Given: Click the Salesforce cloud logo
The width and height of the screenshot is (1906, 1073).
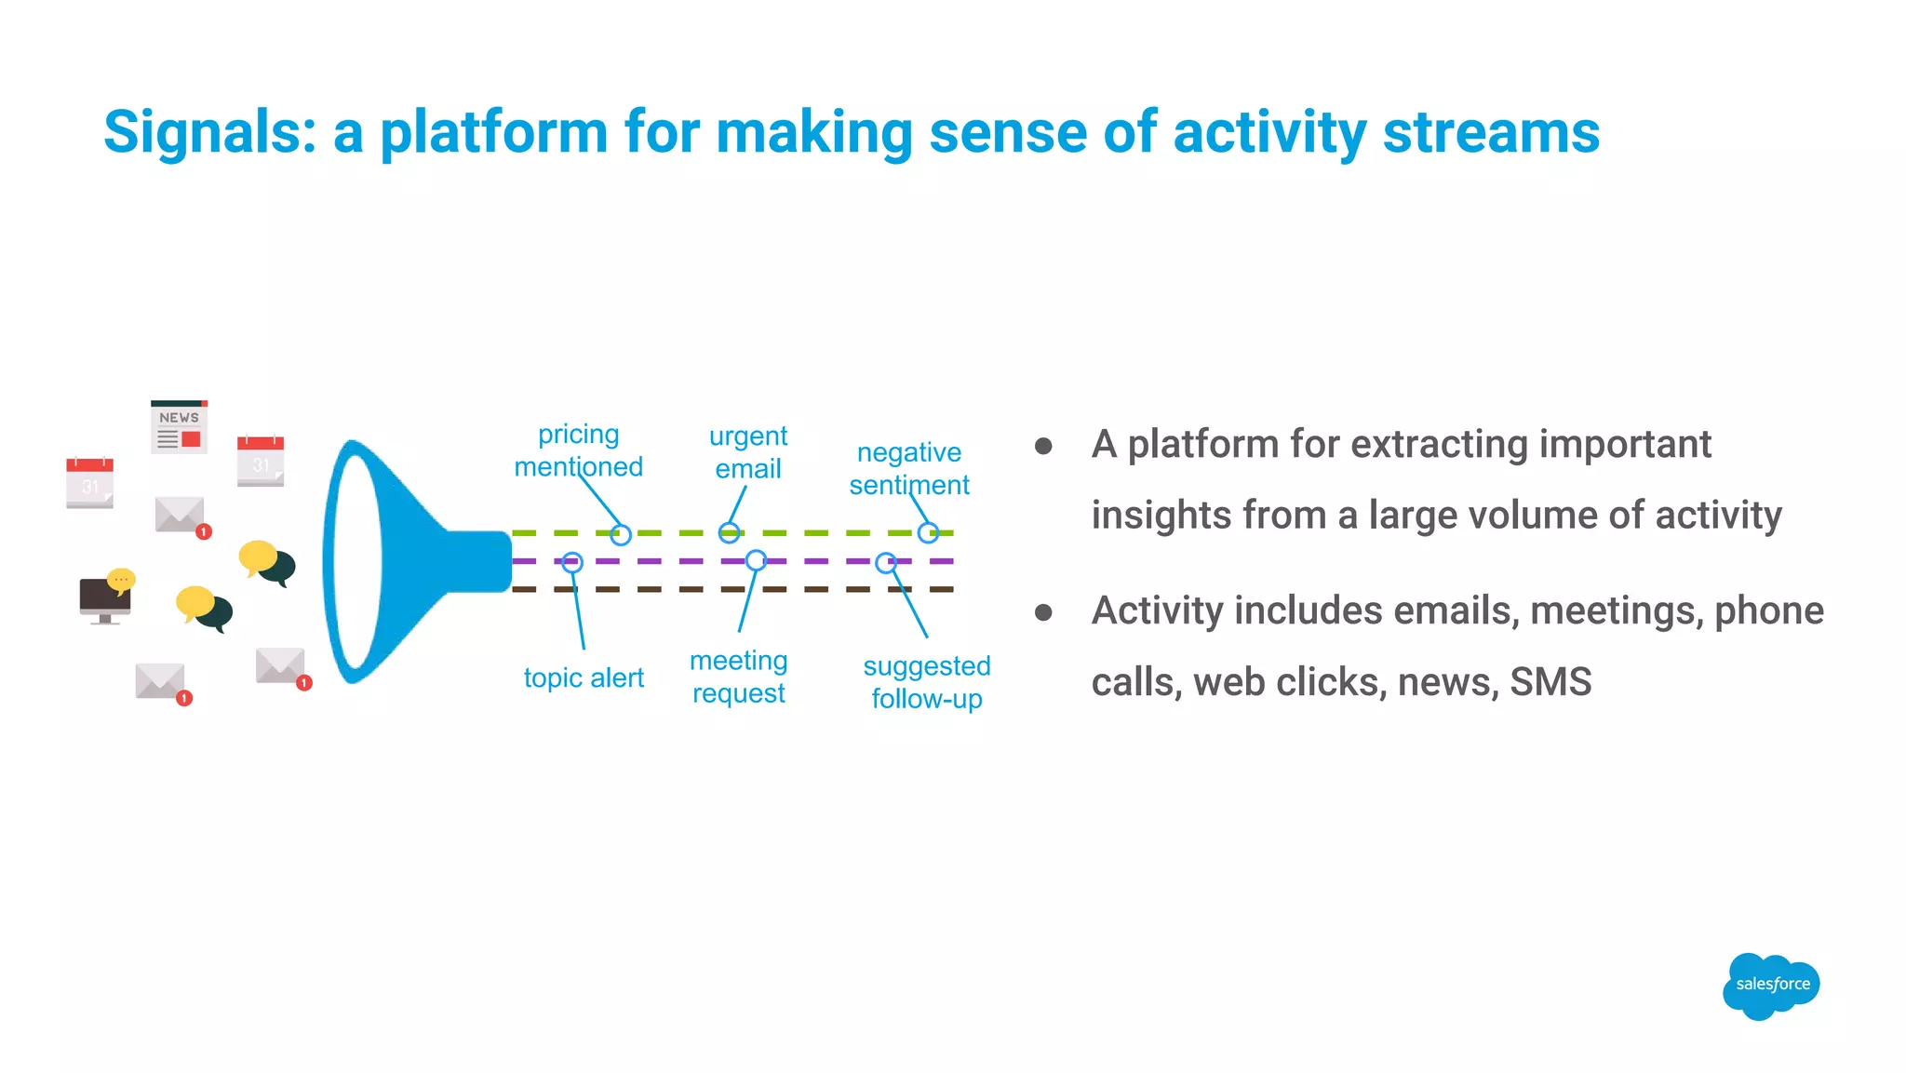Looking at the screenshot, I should [1771, 985].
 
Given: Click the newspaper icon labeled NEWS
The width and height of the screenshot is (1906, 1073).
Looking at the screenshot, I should [179, 427].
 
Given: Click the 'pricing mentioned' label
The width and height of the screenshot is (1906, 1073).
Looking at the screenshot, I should [578, 450].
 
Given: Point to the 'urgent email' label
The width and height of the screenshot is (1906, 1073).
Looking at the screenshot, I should [748, 452].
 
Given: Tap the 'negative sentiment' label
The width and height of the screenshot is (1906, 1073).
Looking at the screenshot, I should [909, 468].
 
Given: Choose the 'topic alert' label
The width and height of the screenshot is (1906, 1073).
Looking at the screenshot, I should [584, 677].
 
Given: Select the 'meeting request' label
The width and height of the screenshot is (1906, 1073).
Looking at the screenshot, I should [739, 677].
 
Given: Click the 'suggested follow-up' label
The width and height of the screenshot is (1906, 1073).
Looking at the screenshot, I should [927, 682].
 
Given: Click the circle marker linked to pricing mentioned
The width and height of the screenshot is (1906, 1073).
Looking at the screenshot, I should [621, 534].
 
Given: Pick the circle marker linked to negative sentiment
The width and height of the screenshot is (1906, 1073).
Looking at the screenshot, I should [928, 533].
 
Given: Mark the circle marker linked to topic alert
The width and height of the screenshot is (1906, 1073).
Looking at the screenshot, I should [572, 562].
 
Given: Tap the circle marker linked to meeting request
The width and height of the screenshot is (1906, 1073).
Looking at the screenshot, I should [756, 560].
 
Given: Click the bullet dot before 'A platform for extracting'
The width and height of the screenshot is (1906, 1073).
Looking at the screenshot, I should [1043, 447].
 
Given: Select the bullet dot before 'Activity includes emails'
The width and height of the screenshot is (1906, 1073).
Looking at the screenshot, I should [1043, 612].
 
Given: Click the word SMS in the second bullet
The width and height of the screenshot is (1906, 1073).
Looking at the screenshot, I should [1550, 682].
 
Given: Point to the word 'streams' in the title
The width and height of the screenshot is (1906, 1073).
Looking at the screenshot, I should [1491, 132].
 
